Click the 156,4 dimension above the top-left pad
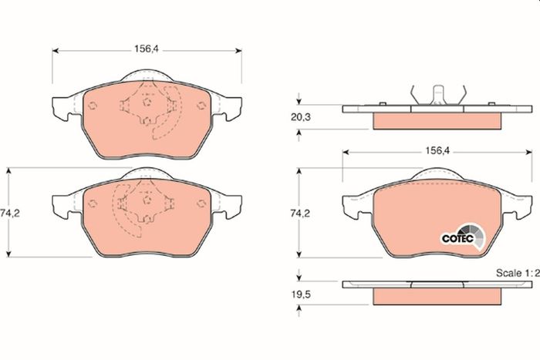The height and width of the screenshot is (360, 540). tap(147, 49)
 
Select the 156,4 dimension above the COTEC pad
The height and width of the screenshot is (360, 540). tap(437, 150)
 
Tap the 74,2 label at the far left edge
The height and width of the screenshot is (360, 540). tap(10, 214)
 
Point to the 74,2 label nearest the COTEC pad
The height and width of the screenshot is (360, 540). tap(300, 214)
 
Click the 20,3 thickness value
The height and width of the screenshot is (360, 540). tap(301, 117)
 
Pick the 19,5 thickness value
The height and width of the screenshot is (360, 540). tap(301, 294)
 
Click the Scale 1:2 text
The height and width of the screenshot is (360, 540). tap(518, 273)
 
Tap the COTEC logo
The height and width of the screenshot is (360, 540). tap(464, 237)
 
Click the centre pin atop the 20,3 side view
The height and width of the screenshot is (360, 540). tap(437, 95)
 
